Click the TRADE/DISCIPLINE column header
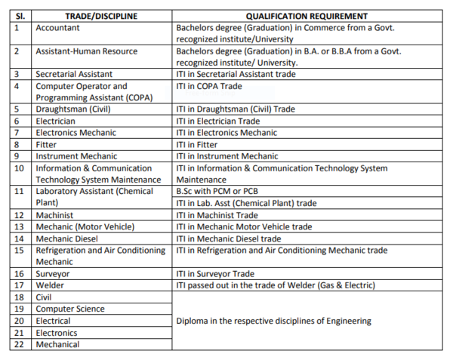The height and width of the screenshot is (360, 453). pos(102,16)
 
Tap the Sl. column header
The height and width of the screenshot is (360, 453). pos(18,16)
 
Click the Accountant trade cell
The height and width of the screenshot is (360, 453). pos(60,27)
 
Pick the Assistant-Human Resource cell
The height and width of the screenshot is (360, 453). pos(87,51)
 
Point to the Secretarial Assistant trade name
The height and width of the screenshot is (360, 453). pos(74,74)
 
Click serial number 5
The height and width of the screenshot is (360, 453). pos(17,109)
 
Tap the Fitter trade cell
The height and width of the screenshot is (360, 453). pos(46,144)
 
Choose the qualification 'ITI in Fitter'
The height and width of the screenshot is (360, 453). pos(197,144)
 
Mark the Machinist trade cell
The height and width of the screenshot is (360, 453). pos(55,215)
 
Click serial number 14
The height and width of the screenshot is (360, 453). pos(19,238)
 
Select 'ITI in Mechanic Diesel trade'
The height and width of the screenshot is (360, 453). pos(228,238)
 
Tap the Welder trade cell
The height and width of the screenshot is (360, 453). pos(51,285)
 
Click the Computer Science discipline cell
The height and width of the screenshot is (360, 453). pos(70,309)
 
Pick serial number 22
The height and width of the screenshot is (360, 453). pos(19,344)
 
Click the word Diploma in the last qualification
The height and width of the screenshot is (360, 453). pos(193,321)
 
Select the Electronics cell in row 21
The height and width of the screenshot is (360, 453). pos(57,332)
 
